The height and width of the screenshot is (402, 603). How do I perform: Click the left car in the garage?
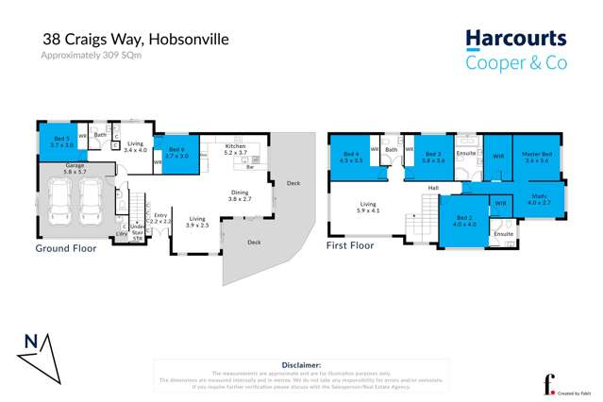pos(60,201)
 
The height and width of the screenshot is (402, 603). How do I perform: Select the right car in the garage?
pos(91,201)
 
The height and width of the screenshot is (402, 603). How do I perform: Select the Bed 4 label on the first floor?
pos(352,157)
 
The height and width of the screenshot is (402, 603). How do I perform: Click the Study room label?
pos(538,200)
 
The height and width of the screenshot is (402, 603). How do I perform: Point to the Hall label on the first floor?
pos(433,189)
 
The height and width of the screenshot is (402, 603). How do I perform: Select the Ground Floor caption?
pos(67,249)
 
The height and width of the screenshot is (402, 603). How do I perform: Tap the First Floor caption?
pos(349,245)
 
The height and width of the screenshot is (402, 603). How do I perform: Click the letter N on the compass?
pos(31,341)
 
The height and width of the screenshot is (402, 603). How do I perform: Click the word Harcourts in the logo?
pos(515,40)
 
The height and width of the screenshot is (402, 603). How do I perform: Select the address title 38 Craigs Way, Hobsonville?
pos(135,40)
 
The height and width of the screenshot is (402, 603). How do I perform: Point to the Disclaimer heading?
pos(301,364)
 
